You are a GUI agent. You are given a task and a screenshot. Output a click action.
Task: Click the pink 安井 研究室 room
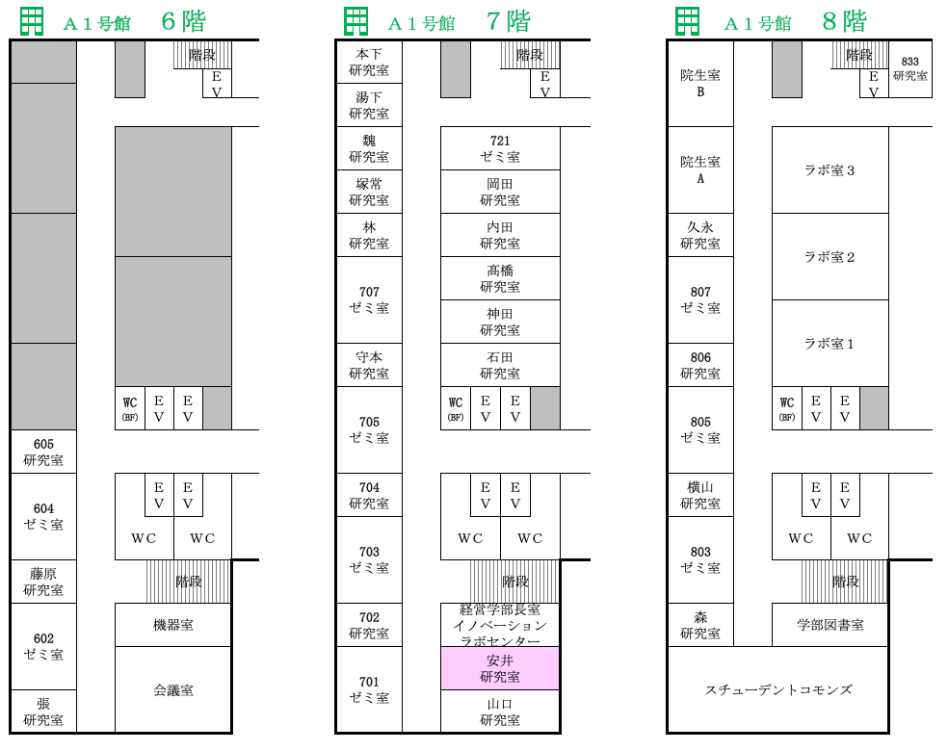500,668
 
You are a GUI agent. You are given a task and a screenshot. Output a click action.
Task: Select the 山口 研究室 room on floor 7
500,712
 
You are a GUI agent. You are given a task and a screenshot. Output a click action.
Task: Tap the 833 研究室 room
909,68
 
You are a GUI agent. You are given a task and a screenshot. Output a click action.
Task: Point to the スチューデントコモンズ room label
777,689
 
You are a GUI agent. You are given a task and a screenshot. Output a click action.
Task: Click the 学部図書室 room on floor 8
829,625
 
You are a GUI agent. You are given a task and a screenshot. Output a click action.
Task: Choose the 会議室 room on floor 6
173,689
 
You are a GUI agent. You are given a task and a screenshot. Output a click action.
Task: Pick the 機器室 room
173,625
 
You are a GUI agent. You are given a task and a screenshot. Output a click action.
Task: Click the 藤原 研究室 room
43,582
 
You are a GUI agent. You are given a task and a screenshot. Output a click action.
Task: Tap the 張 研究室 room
43,712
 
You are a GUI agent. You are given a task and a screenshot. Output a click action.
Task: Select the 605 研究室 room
43,452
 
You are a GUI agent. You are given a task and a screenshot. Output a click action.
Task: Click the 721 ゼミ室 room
500,148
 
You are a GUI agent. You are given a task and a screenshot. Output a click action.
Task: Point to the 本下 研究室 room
369,62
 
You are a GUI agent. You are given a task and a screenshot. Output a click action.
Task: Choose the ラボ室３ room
829,170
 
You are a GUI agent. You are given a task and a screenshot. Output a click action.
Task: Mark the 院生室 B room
700,83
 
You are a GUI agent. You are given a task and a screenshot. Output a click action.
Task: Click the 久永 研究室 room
700,235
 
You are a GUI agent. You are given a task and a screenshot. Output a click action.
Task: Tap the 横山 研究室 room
700,495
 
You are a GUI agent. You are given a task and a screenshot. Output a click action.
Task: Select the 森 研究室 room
700,625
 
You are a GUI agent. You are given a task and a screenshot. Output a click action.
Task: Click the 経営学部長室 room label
500,609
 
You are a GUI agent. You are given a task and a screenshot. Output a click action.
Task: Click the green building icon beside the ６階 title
32,20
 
